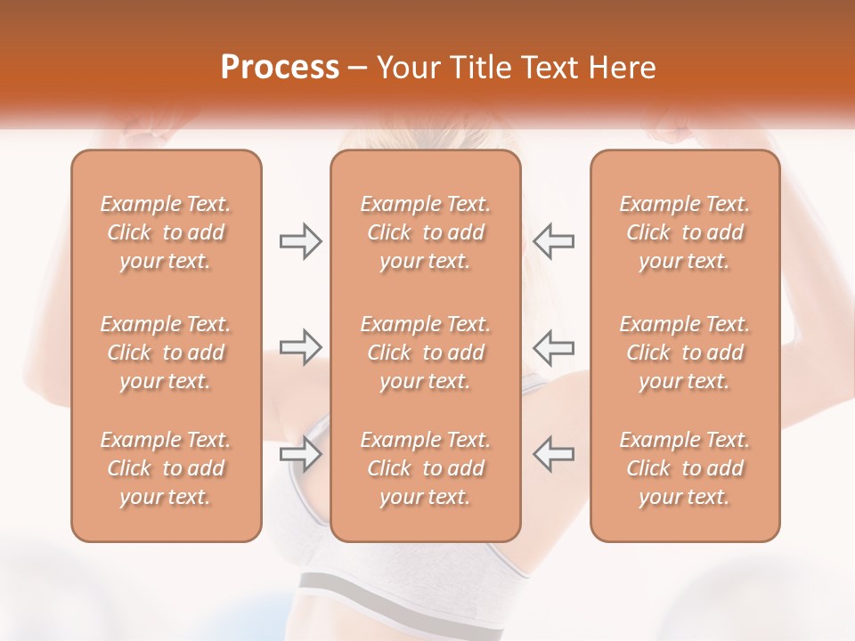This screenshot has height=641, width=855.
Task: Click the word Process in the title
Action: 280,68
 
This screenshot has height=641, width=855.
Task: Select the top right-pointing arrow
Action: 300,241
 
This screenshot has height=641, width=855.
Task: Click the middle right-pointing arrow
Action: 300,347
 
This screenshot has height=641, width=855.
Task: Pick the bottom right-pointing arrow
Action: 300,454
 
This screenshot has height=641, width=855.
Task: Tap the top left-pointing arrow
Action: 553,241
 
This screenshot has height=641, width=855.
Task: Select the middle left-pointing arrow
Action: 553,347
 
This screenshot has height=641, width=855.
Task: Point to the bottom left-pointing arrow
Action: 553,454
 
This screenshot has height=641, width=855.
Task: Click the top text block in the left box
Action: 166,232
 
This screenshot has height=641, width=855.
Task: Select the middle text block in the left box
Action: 166,353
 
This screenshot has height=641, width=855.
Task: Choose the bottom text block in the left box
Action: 166,468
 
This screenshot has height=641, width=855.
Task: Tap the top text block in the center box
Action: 425,232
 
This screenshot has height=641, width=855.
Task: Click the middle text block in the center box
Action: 425,353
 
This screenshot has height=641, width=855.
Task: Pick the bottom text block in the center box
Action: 425,468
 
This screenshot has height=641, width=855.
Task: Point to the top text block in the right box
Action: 684,232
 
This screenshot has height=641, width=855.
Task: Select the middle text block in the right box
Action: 684,353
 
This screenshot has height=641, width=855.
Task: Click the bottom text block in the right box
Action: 684,468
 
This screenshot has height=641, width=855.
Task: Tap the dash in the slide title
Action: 358,69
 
